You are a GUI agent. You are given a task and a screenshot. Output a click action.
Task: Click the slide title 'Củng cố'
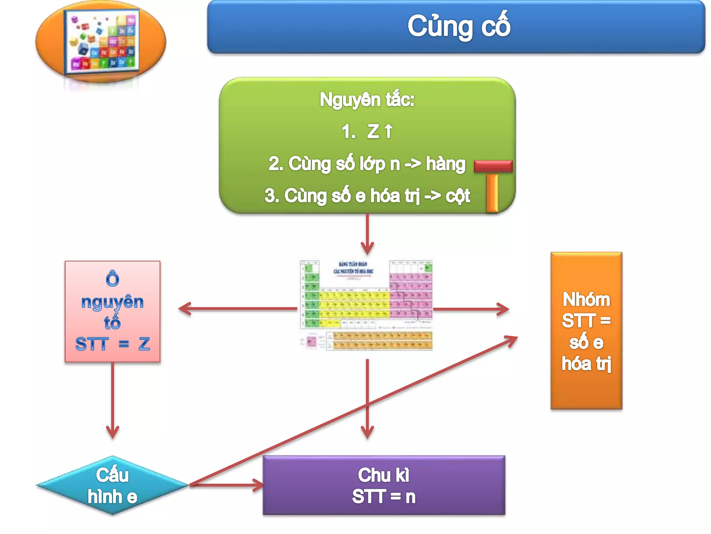click(458, 26)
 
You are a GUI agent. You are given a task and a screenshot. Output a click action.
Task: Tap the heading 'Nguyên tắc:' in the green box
click(367, 100)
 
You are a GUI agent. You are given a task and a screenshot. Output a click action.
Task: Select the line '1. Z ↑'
click(367, 132)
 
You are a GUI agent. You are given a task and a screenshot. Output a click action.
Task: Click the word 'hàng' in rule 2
click(445, 164)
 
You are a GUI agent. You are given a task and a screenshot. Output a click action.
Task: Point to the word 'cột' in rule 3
click(458, 196)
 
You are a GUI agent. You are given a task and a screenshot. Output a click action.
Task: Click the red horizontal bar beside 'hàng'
click(493, 167)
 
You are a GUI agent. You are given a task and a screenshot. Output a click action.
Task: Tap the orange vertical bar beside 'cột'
click(492, 193)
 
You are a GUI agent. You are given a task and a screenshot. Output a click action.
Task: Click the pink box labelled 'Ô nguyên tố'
click(112, 311)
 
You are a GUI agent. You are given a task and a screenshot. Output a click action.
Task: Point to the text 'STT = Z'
click(112, 344)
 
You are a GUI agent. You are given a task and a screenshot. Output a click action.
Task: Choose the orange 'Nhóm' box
click(586, 330)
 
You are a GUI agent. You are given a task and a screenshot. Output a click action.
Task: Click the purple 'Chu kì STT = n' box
click(384, 485)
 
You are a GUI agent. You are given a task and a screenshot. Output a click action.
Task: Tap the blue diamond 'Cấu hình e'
click(112, 485)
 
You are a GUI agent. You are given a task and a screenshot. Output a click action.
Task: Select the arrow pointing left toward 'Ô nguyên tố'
click(236, 308)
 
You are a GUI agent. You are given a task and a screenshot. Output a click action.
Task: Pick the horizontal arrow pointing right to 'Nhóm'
click(470, 309)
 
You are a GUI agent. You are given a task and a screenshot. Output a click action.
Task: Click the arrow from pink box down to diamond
click(112, 400)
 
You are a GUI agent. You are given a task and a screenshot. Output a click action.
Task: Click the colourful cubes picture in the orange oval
click(101, 42)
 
